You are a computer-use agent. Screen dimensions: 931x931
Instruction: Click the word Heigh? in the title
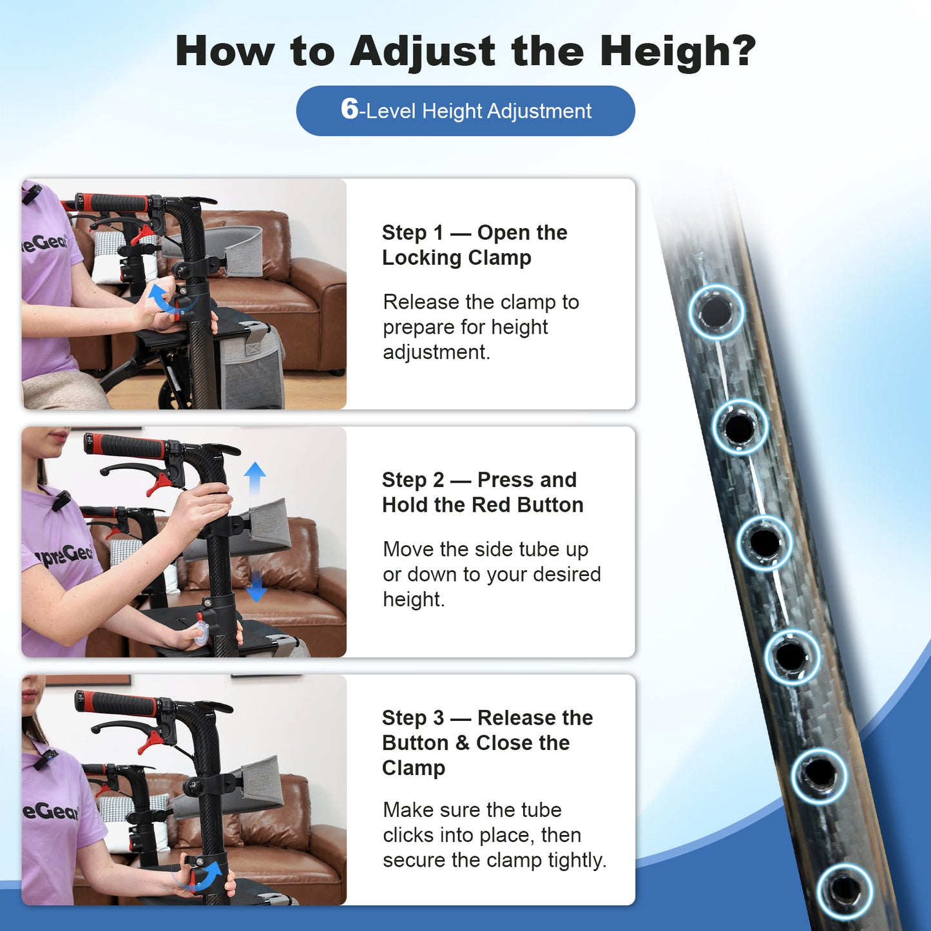pyautogui.click(x=678, y=52)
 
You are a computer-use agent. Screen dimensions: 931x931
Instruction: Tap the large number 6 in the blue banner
pyautogui.click(x=349, y=109)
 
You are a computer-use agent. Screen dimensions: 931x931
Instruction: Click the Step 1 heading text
pyautogui.click(x=474, y=245)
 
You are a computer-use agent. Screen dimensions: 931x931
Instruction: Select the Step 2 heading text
pyautogui.click(x=483, y=492)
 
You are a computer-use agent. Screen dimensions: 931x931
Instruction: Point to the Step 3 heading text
pyautogui.click(x=488, y=743)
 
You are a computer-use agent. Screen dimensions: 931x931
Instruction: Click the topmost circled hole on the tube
pyautogui.click(x=716, y=312)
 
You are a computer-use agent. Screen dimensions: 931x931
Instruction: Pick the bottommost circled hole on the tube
pyautogui.click(x=845, y=892)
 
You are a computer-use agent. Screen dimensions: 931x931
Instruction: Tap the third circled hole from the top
pyautogui.click(x=764, y=542)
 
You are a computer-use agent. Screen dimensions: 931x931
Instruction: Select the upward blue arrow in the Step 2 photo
pyautogui.click(x=254, y=478)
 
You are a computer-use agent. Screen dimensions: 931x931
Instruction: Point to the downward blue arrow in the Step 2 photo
pyautogui.click(x=256, y=586)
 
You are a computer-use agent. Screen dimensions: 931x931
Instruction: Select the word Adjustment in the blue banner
pyautogui.click(x=539, y=111)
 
